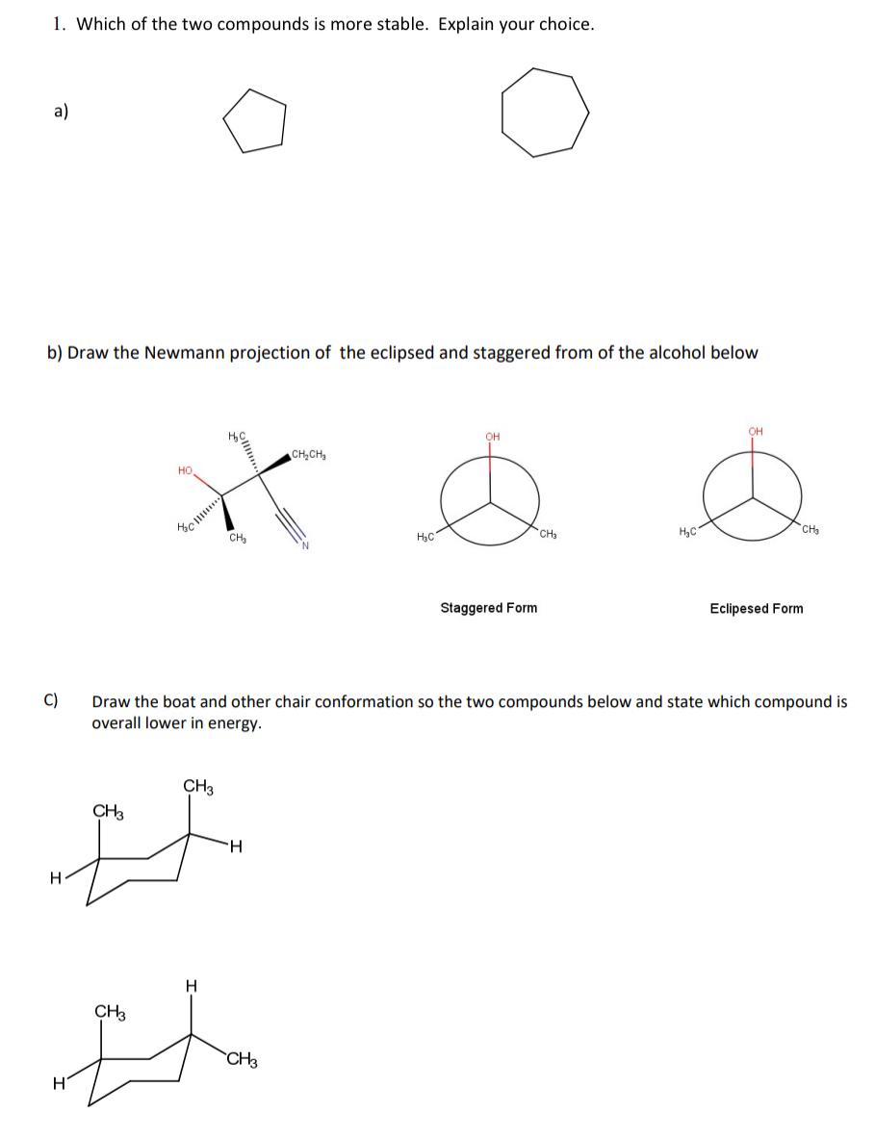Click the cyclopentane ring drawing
click(255, 121)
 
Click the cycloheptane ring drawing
click(545, 113)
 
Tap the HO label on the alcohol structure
click(185, 470)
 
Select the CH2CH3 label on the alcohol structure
click(308, 455)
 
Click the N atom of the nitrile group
click(304, 547)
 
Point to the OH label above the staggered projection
click(493, 437)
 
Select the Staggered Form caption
click(488, 608)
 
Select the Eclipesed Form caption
click(756, 608)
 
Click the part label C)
click(52, 701)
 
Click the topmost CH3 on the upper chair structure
click(198, 787)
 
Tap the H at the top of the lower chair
click(191, 984)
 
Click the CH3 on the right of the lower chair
click(242, 1061)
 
